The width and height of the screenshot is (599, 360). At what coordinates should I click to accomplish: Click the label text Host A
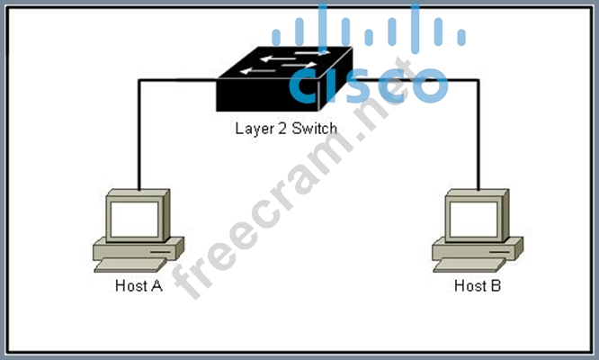coord(139,287)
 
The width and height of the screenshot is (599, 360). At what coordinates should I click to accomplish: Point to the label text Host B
coord(478,287)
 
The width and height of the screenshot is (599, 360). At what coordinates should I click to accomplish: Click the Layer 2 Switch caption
coord(286,128)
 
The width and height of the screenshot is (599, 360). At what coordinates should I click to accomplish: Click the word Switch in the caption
coord(315,128)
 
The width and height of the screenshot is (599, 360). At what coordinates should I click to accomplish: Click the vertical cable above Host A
coord(139,135)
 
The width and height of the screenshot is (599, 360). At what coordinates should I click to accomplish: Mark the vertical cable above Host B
coord(478,135)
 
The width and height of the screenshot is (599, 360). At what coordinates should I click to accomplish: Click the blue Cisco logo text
coord(369,84)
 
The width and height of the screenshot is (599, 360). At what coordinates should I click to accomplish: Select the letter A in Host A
coord(156,287)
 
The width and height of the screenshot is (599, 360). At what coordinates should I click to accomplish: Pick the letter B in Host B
coord(496,287)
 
